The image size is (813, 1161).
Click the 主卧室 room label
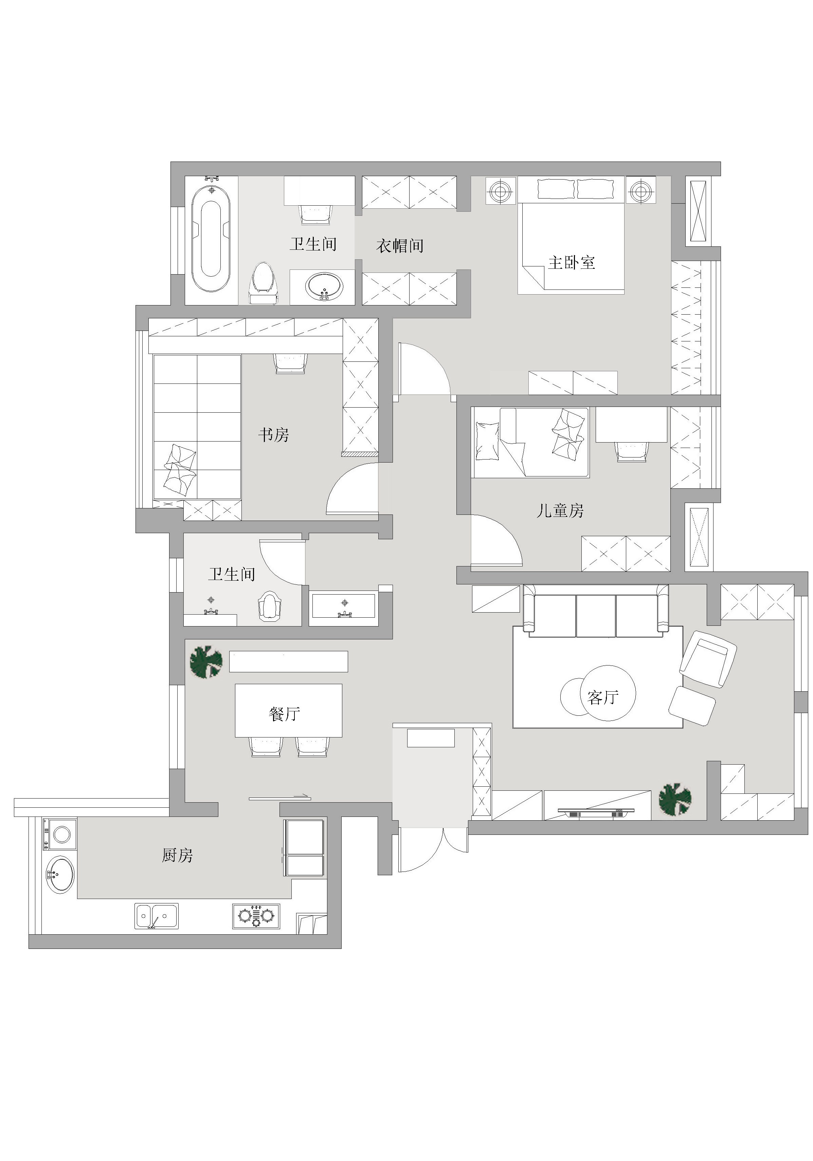(571, 262)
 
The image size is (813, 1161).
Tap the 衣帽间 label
(400, 246)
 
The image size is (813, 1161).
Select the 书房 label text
(274, 434)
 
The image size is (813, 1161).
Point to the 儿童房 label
(560, 511)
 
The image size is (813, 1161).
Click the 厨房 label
(177, 855)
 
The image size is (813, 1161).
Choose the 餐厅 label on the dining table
(284, 713)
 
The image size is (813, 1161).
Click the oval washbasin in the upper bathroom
(324, 286)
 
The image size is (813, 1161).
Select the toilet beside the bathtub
(263, 283)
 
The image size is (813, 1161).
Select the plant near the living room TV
(675, 799)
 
